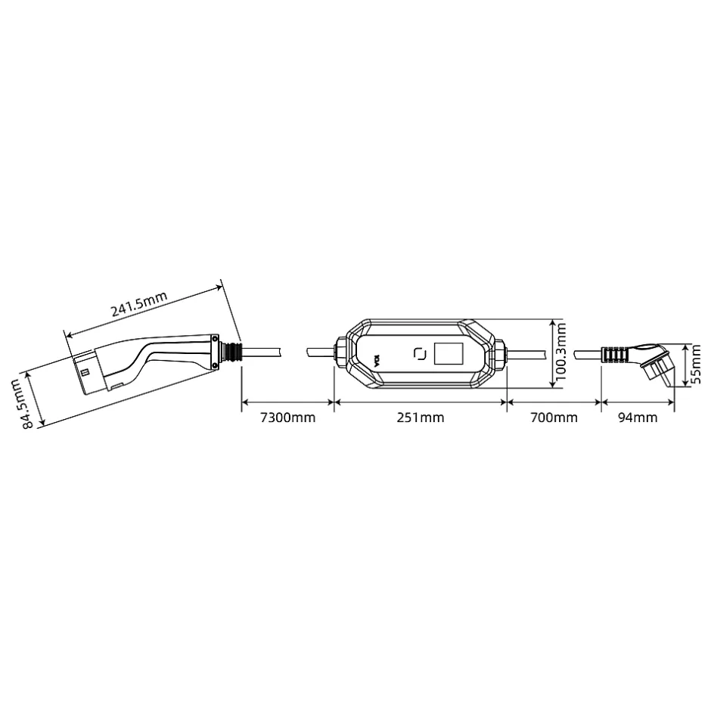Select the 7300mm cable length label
(x=287, y=418)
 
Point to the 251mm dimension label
(x=421, y=418)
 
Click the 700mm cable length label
(x=554, y=418)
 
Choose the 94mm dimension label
(x=638, y=418)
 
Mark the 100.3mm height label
(x=560, y=353)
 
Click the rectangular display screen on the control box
(x=448, y=353)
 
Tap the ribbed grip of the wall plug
(x=614, y=354)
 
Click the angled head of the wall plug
(x=655, y=362)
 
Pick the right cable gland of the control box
(x=500, y=353)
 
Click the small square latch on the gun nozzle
(x=86, y=372)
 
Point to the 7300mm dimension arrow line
(x=287, y=402)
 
